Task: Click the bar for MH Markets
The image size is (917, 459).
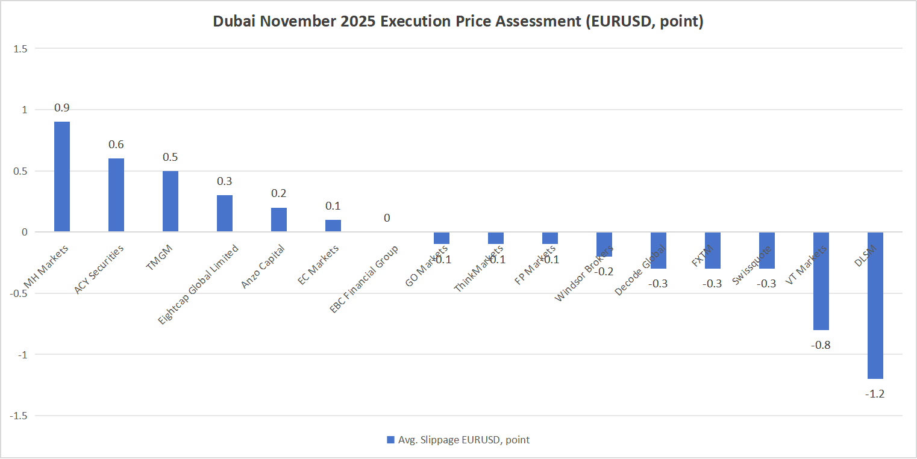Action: pyautogui.click(x=62, y=176)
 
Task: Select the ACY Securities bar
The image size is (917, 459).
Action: pyautogui.click(x=116, y=195)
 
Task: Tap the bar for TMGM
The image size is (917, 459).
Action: pyautogui.click(x=171, y=201)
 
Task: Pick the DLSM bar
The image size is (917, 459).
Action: pyautogui.click(x=875, y=305)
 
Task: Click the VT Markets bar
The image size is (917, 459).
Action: pyautogui.click(x=821, y=281)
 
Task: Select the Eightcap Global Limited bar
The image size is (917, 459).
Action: pyautogui.click(x=225, y=213)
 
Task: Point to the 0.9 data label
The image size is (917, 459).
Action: pyautogui.click(x=62, y=108)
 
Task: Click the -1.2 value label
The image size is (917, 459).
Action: pyautogui.click(x=875, y=394)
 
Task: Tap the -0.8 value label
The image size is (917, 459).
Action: pyautogui.click(x=821, y=345)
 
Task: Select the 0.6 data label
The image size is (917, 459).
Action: pyautogui.click(x=116, y=145)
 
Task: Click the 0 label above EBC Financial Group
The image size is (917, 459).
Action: pyautogui.click(x=387, y=218)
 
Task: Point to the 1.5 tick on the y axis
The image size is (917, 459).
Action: pyautogui.click(x=20, y=48)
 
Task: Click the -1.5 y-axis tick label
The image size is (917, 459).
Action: pyautogui.click(x=18, y=416)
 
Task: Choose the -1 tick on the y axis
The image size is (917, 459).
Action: pyautogui.click(x=22, y=354)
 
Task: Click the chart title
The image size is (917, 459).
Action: pyautogui.click(x=458, y=22)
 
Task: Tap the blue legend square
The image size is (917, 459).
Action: pyautogui.click(x=390, y=440)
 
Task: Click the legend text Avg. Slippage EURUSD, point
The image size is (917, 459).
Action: pyautogui.click(x=464, y=440)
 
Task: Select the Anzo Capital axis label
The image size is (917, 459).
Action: pyautogui.click(x=263, y=266)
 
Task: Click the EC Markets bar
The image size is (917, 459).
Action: pyautogui.click(x=333, y=226)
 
